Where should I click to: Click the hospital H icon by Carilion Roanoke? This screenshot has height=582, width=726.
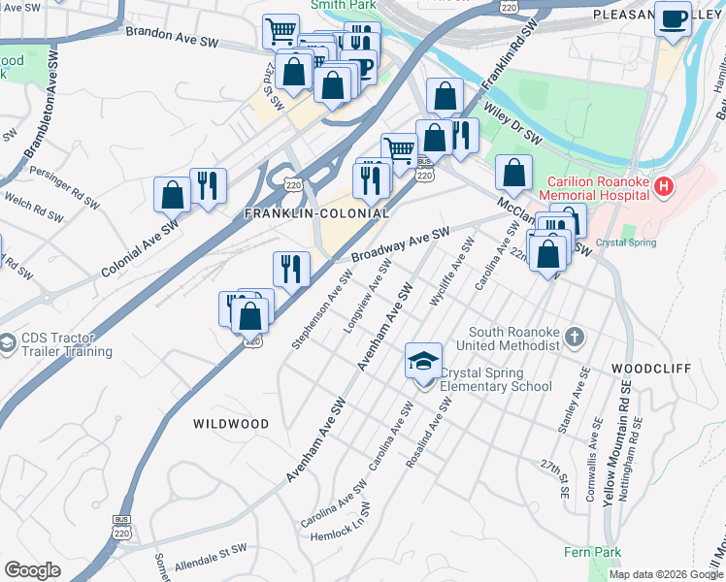point(665,185)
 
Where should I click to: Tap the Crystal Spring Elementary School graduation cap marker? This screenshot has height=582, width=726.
point(424,362)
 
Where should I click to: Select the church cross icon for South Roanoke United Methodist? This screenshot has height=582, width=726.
point(575,338)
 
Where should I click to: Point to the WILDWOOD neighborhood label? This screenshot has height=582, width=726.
point(230,424)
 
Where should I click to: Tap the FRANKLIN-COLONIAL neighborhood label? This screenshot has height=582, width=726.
point(316,213)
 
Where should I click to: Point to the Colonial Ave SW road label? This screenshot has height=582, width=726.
point(142,249)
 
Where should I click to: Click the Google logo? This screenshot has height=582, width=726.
point(33,570)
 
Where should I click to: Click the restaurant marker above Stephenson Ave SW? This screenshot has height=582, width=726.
point(291,270)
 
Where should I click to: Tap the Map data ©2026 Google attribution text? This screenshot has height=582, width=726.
point(666,574)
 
